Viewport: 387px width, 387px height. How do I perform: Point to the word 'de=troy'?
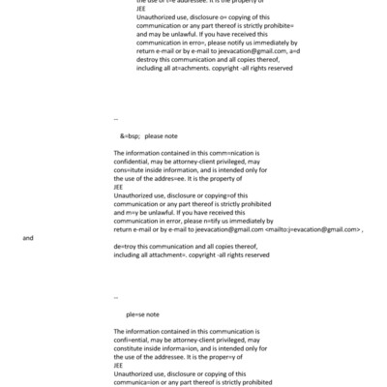(x=127, y=246)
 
